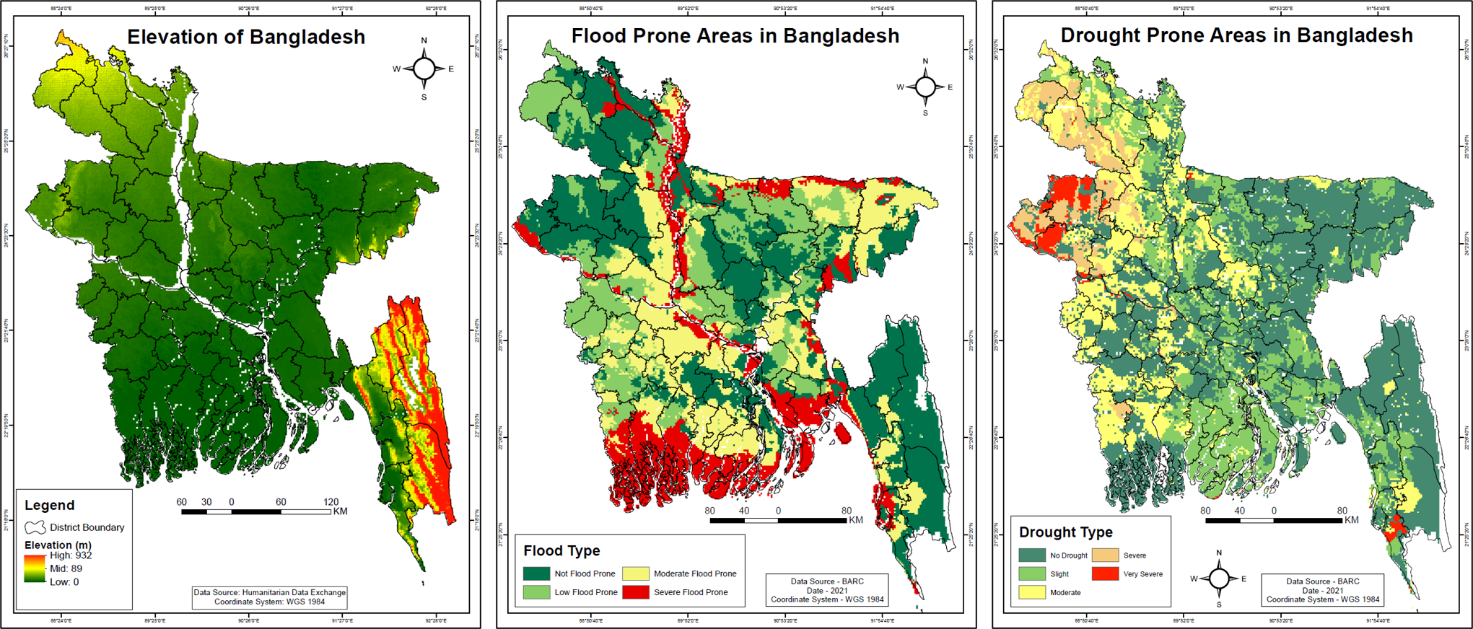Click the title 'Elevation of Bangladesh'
point(246,37)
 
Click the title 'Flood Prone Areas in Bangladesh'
point(735,36)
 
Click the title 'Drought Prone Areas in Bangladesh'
point(1236,35)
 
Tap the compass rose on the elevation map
point(424,69)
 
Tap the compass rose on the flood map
point(925,87)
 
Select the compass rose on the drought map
point(1219,579)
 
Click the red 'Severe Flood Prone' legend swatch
point(636,592)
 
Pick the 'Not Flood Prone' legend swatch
point(536,573)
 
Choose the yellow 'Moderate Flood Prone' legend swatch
point(636,573)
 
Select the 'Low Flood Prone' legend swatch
point(536,592)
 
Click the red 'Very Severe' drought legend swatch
point(1105,574)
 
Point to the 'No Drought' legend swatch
point(1032,555)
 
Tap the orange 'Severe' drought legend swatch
point(1105,555)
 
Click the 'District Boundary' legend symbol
point(35,527)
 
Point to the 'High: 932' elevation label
point(71,555)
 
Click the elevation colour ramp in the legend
point(35,568)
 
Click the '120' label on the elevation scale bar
point(331,502)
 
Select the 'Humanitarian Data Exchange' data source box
point(269,597)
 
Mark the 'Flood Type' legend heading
point(561,551)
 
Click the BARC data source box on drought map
point(1322,590)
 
